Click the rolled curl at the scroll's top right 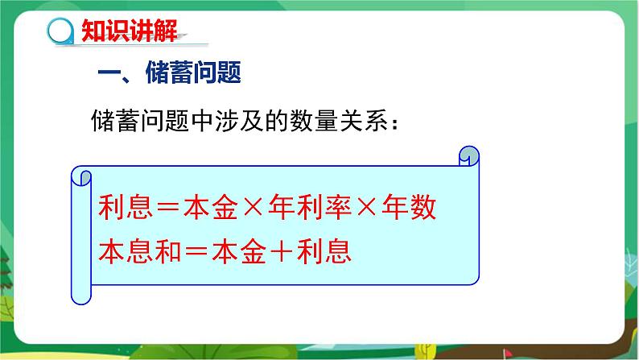468,154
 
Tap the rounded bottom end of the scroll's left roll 80,300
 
